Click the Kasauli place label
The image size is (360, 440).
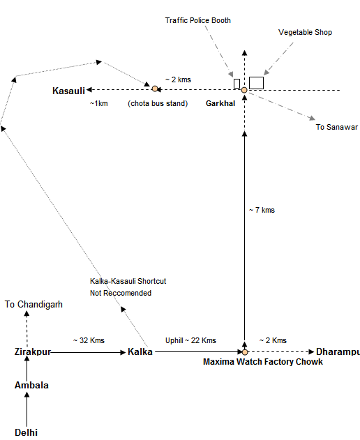pos(69,91)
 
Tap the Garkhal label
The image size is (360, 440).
pos(220,103)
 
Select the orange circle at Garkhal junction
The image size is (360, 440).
pos(244,90)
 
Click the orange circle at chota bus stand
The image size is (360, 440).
pos(155,89)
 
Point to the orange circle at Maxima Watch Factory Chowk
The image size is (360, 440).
pos(245,352)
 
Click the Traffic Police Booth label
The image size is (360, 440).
pos(198,20)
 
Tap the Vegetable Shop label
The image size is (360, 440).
pos(306,33)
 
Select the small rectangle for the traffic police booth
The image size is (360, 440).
pos(237,84)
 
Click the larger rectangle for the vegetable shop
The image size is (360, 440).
pos(256,83)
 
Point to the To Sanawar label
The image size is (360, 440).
pos(337,127)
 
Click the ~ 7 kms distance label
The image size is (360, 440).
pos(262,210)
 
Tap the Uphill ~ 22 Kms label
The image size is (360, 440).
pos(190,341)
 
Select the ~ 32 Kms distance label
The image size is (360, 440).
pos(89,341)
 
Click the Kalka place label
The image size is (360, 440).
pos(140,352)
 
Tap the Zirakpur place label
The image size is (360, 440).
pos(33,352)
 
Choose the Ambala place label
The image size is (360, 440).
pos(31,386)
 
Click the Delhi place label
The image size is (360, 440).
pos(26,433)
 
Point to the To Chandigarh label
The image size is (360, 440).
pos(33,305)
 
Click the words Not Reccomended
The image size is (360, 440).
pos(121,294)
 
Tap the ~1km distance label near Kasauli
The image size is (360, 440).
pos(99,103)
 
